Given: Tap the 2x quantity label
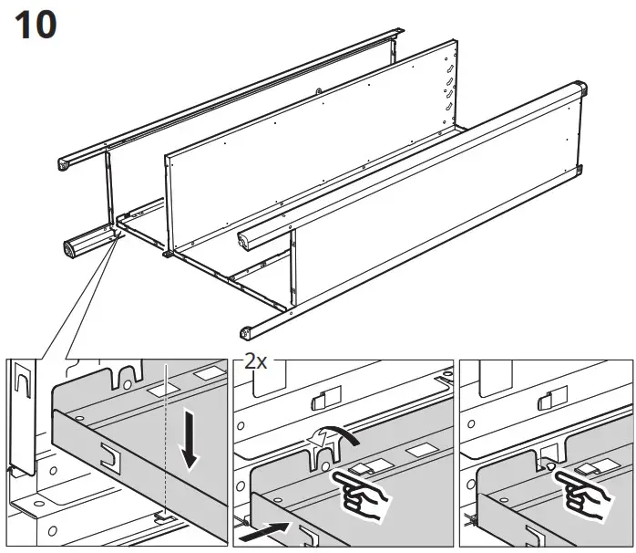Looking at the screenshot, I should (256, 360).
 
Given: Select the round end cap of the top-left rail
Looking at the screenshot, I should (66, 165).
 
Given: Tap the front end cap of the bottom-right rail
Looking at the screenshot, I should (246, 331).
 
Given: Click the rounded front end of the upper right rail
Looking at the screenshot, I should (245, 241).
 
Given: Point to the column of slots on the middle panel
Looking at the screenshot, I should (448, 91).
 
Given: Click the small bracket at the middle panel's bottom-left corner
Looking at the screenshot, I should (169, 256).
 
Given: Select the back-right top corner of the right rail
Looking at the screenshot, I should (574, 91).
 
